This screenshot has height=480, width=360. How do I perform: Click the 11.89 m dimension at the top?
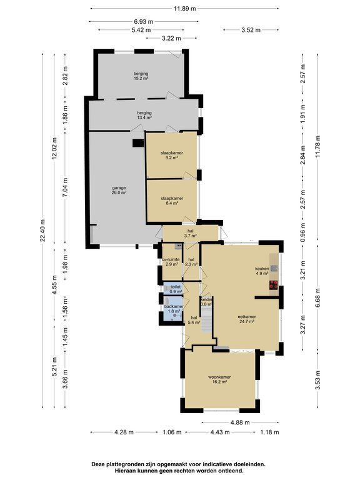click(x=184, y=9)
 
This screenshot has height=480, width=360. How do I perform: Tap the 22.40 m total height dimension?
click(x=42, y=231)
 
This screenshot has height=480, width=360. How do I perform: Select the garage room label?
click(x=119, y=190)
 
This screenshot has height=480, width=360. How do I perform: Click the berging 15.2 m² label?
click(x=141, y=76)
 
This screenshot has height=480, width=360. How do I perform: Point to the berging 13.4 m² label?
click(x=144, y=115)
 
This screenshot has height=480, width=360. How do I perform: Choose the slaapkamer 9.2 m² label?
click(x=172, y=155)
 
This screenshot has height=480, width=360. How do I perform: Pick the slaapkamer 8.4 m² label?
click(x=172, y=201)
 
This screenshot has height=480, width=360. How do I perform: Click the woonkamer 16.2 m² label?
click(x=219, y=379)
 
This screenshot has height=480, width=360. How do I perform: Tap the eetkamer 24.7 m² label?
click(x=247, y=319)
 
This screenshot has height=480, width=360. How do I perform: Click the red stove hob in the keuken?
click(x=274, y=285)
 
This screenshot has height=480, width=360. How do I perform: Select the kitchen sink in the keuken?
click(x=274, y=269)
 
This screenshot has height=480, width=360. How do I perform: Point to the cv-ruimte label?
click(x=171, y=259)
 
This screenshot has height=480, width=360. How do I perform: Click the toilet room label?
click(x=176, y=287)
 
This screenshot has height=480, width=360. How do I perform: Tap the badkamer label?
click(x=174, y=306)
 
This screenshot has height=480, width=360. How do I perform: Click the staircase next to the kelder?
click(x=207, y=320)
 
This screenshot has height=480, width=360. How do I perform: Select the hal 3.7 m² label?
click(x=191, y=233)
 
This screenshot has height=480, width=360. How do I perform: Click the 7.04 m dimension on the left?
click(x=66, y=188)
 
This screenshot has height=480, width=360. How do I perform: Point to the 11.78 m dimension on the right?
click(x=317, y=146)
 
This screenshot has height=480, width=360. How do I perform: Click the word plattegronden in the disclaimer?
click(x=122, y=464)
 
